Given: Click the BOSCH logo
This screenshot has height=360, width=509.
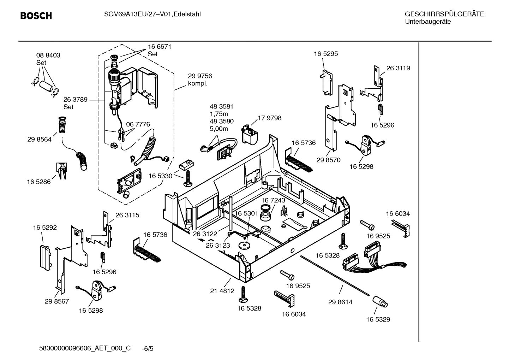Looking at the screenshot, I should coord(36,16).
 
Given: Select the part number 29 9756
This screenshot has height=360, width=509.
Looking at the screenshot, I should coord(200,76).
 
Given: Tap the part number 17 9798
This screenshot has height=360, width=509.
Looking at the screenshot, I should coord(270,118).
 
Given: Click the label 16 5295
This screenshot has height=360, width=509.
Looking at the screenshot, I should coord(326,54).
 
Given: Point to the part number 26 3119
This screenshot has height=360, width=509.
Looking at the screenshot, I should coord(398,68).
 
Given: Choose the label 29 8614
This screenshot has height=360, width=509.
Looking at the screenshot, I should coord(340,302).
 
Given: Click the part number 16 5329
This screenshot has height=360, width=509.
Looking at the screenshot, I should coord(378,319).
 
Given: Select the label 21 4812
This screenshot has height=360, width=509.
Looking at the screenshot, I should coord(222,291).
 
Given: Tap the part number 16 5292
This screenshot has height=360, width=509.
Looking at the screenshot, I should coord(45,228).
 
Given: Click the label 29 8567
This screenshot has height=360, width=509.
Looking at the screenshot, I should coord(57,301).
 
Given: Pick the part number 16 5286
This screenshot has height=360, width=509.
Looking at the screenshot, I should coord(39,182).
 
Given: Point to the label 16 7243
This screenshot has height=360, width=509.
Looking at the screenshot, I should coord(273,200).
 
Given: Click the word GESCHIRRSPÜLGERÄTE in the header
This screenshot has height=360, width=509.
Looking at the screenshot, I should coord(444,14).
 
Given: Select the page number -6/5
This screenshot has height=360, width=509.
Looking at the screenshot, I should coord(148,349).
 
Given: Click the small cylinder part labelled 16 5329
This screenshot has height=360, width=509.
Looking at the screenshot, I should coord(379,302).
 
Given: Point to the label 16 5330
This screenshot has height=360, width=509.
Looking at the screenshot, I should coord(160,176).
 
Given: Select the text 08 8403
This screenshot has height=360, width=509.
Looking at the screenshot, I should coord(48,55).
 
